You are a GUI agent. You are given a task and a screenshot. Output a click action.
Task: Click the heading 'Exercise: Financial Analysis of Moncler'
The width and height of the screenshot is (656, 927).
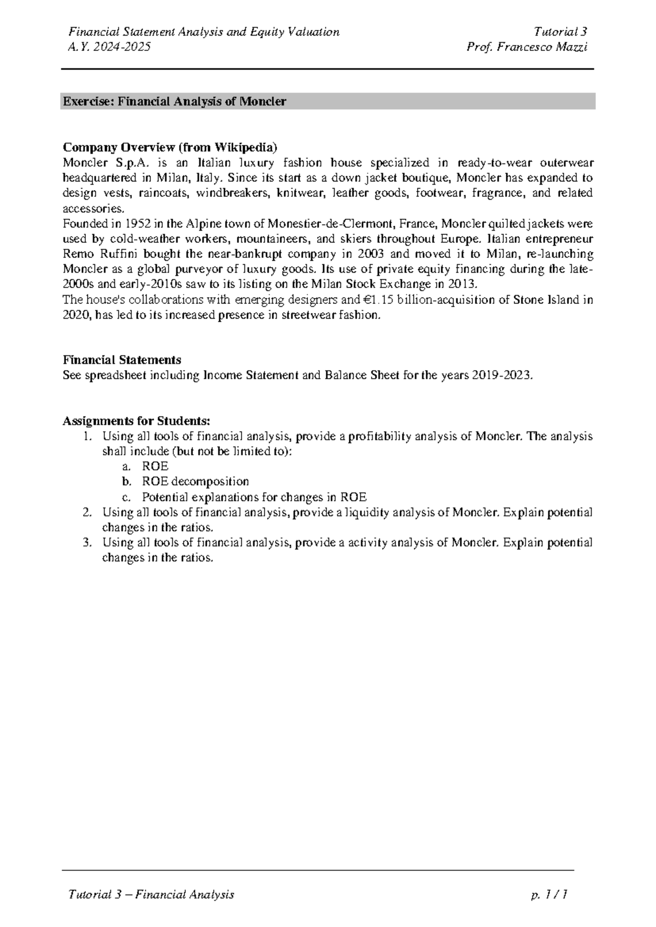[175, 102]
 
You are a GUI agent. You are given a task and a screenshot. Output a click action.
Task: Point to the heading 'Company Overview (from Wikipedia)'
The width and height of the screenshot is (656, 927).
[171, 147]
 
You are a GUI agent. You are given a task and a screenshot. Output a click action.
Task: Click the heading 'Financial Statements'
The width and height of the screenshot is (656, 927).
[122, 360]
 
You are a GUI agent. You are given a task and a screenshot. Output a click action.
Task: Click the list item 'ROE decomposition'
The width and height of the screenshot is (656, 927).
[195, 482]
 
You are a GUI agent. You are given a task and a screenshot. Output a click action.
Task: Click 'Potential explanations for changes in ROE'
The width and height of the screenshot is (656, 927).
[254, 497]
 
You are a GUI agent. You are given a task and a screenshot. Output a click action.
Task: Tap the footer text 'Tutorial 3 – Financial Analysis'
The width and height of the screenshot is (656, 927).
[151, 894]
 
